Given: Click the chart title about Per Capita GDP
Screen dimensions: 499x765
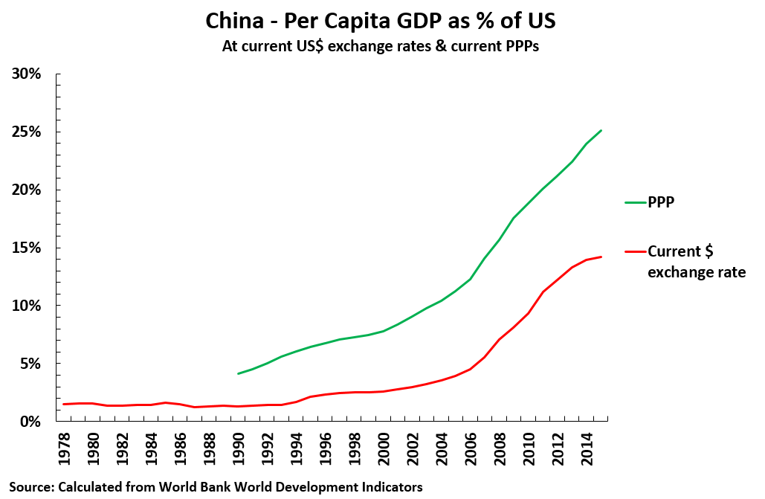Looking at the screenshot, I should point(381,22).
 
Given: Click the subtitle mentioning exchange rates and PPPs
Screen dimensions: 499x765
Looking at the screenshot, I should point(381,45).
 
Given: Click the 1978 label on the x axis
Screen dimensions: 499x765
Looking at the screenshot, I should point(67,452).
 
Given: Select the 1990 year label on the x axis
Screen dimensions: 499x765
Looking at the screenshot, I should point(239,452).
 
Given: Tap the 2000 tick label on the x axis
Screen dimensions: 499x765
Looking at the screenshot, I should point(382,452).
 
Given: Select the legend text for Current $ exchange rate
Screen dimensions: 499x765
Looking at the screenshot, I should point(696,262).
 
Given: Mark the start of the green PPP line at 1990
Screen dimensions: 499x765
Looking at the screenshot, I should point(239,373).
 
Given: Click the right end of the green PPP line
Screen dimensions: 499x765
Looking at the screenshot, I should point(601,131).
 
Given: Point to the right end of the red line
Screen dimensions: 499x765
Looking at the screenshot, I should point(601,257).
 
